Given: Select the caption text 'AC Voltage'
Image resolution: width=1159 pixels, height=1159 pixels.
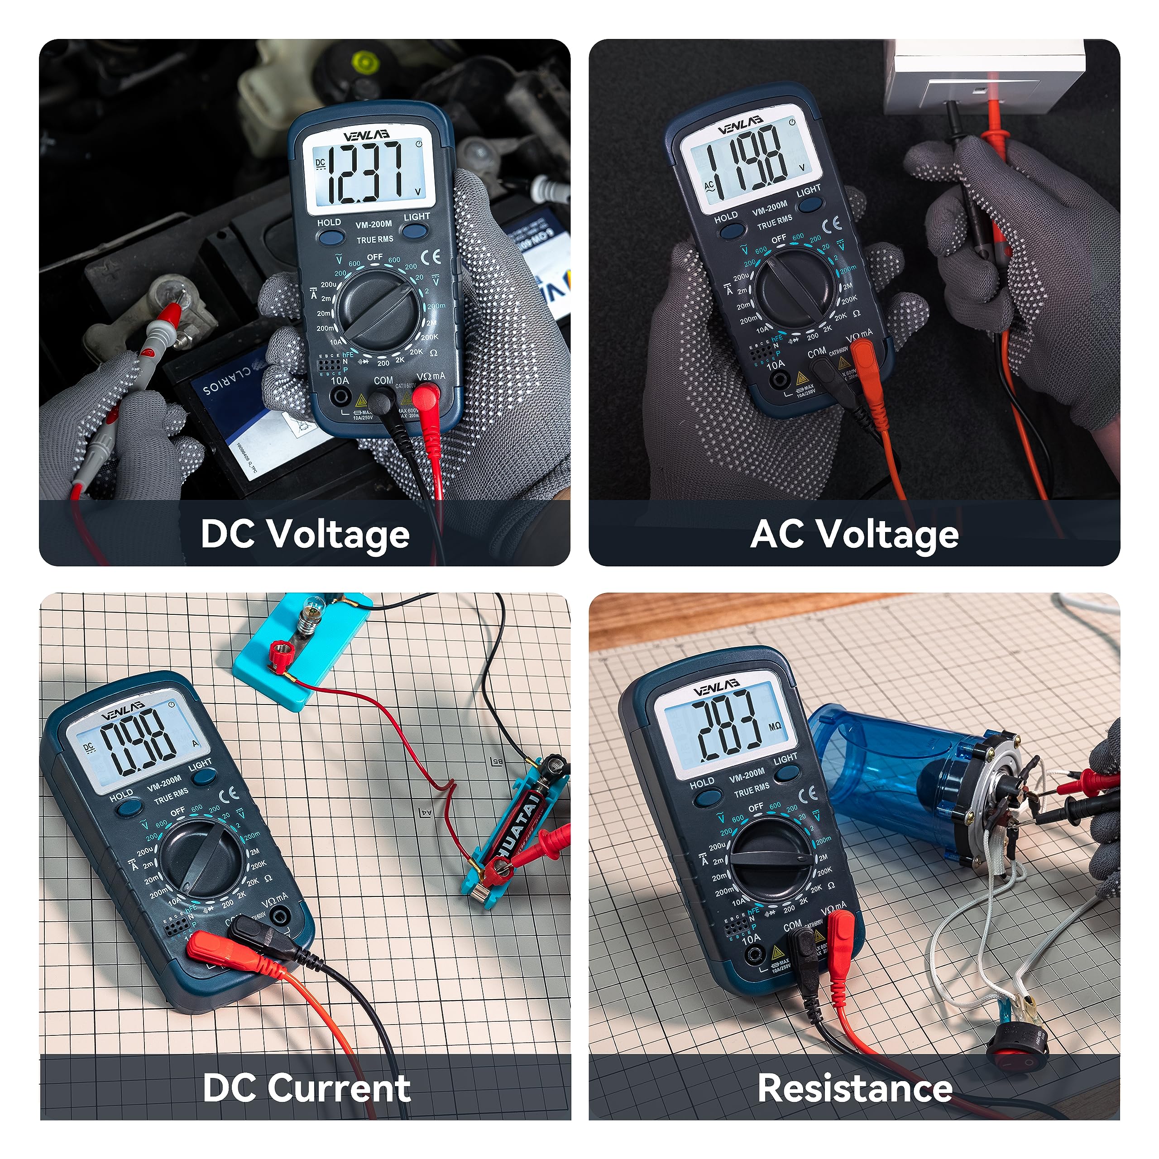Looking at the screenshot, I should [x=854, y=533].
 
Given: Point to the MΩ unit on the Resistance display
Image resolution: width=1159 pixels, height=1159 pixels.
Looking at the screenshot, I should [x=775, y=726].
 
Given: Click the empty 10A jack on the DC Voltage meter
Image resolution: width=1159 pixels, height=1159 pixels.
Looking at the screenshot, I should [x=341, y=396].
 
